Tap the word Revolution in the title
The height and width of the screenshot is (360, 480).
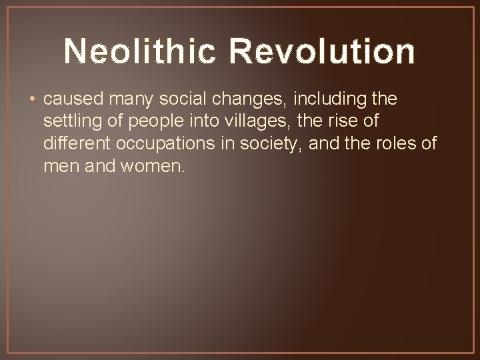[327, 52]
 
